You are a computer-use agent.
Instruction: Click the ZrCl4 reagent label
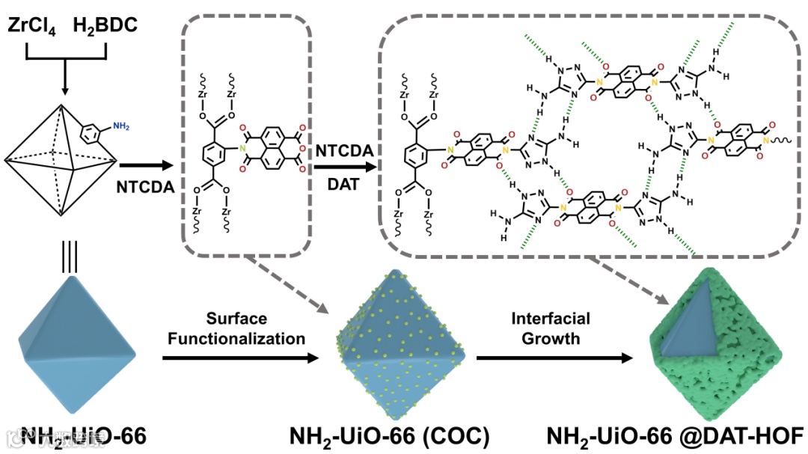click(33, 26)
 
